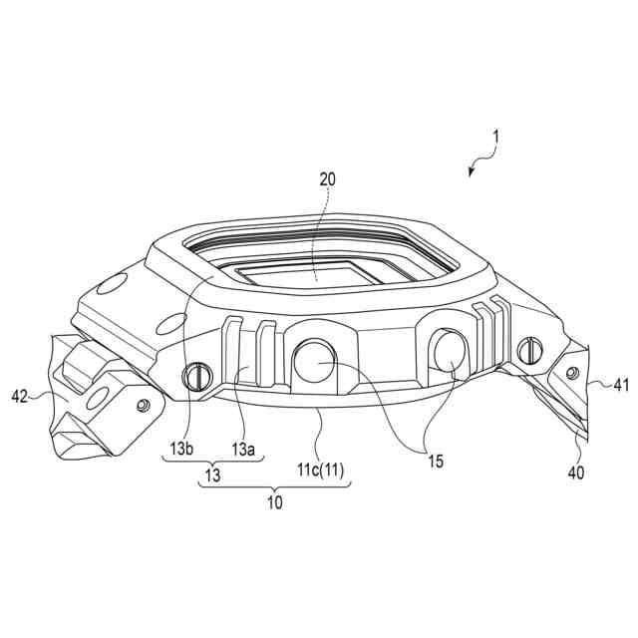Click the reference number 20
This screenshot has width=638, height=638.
pos(328,179)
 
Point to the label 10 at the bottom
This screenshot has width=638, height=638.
pos(273,502)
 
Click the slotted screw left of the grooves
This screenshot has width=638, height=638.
pos(196,376)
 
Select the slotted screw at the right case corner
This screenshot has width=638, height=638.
pos(529,349)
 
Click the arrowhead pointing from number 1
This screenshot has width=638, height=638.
pos(472,172)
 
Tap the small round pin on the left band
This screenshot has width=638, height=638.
pos(142,404)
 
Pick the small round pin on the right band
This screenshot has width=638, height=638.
pos(571,372)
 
